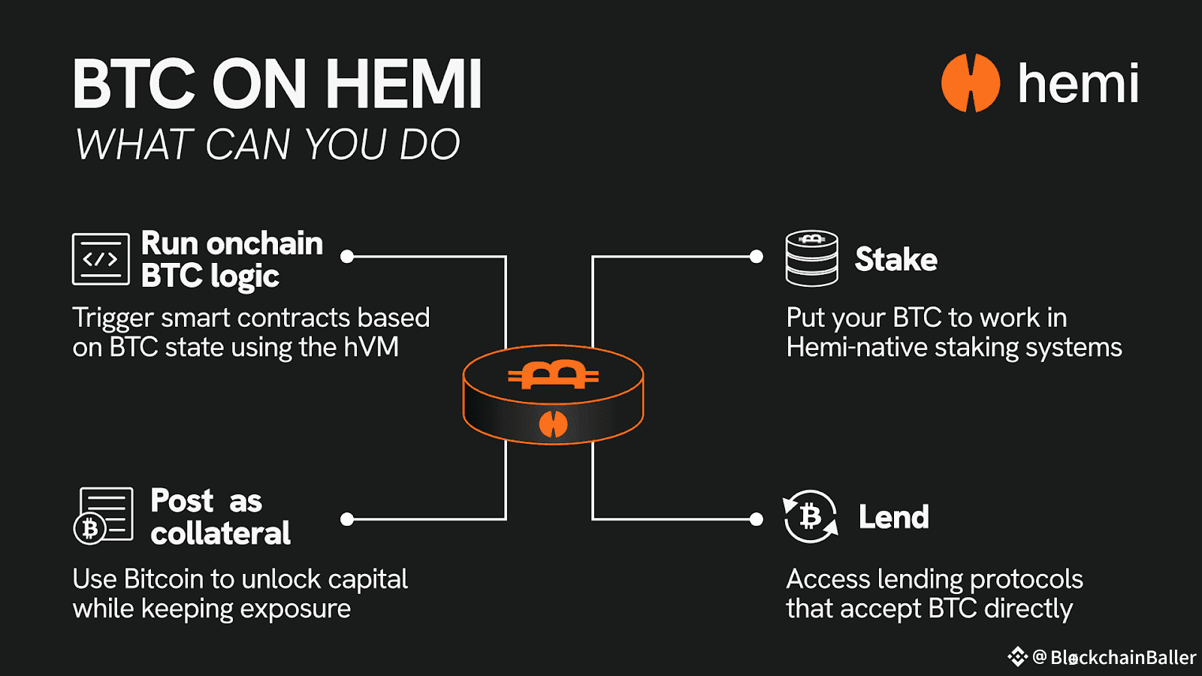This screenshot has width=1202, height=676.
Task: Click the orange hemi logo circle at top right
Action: tap(971, 83)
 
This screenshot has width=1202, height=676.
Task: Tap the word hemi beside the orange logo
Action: tap(1078, 83)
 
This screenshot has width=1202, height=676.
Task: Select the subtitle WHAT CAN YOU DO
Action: tap(267, 144)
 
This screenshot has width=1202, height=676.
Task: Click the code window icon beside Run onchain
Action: tap(101, 259)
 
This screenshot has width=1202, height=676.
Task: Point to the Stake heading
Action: tap(895, 260)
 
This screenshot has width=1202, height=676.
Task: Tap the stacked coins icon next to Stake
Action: tap(811, 258)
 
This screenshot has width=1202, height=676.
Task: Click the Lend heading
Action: tap(893, 518)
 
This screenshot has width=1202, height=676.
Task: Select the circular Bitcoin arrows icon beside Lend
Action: tap(811, 517)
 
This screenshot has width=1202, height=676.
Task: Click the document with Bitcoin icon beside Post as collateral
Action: tap(104, 515)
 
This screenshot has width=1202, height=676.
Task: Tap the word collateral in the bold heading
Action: tap(220, 533)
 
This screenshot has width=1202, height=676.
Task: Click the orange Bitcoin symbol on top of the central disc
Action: tap(553, 375)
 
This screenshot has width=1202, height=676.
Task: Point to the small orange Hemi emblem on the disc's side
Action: tap(553, 424)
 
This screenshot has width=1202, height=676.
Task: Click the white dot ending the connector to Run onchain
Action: tap(347, 257)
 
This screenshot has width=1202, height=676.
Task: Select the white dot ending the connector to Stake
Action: tap(757, 257)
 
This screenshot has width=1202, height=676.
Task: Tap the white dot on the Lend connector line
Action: tap(757, 519)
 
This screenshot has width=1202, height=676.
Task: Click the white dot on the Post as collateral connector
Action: tap(347, 519)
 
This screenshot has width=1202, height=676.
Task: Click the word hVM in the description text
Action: tap(371, 348)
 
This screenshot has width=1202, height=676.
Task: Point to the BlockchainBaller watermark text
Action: tap(1122, 658)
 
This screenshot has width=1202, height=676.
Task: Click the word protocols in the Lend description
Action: tap(1026, 579)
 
